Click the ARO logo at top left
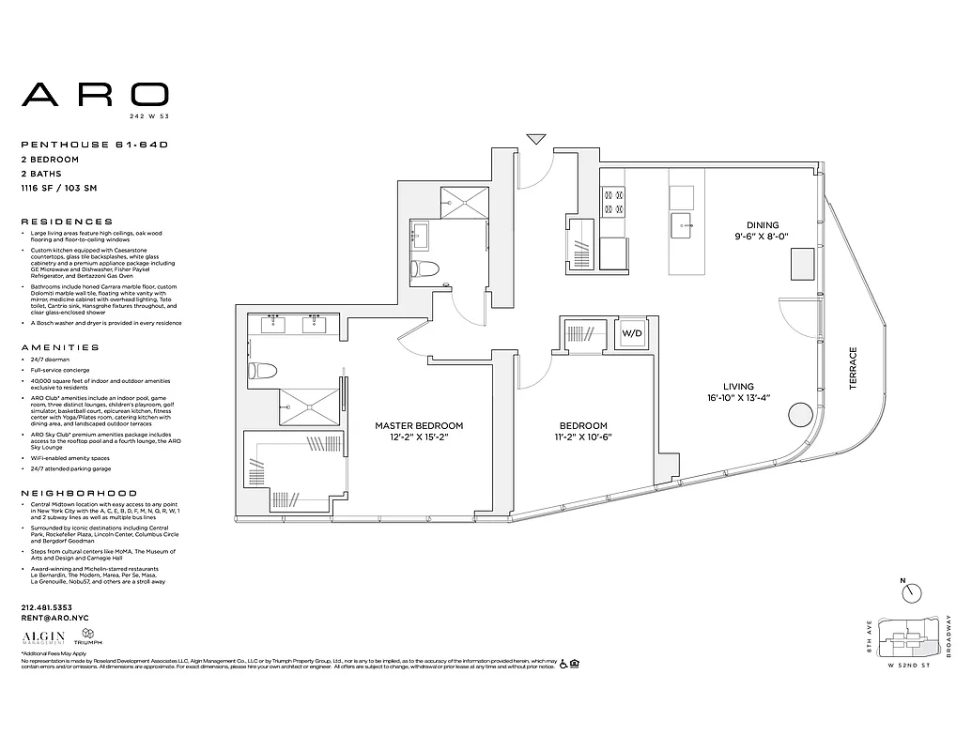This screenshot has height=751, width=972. point(95,94)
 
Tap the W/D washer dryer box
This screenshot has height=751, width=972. point(630,333)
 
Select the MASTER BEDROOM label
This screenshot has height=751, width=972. point(419,425)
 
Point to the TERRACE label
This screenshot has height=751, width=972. point(854,369)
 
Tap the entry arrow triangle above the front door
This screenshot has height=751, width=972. point(536,140)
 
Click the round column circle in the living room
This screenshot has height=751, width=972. point(800,414)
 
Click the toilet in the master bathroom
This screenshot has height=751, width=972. point(260,371)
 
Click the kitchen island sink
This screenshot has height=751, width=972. point(682,222)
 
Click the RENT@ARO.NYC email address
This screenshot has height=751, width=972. point(55,618)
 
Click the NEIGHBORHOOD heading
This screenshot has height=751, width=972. point(79,493)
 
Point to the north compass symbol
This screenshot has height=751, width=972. point(911,592)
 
